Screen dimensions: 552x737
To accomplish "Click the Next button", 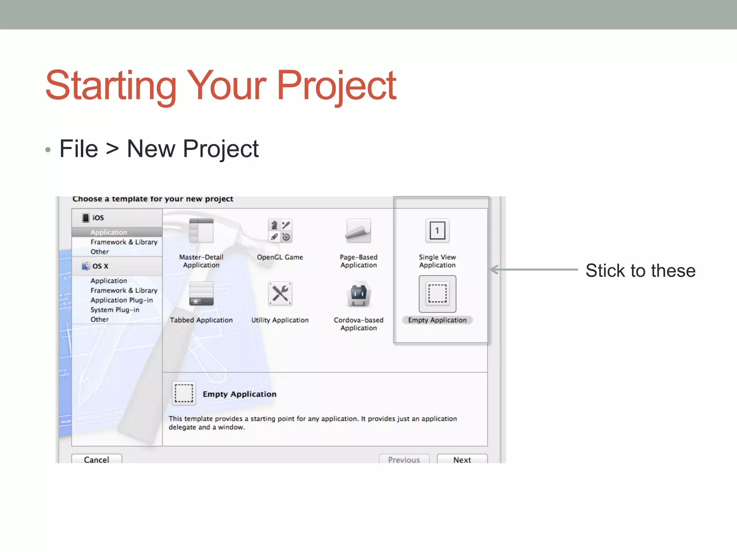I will pyautogui.click(x=462, y=459).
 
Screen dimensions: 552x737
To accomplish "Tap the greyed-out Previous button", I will pyautogui.click(x=404, y=459).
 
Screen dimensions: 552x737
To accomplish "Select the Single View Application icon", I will pyautogui.click(x=437, y=231).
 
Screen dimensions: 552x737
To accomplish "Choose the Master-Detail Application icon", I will pyautogui.click(x=201, y=231).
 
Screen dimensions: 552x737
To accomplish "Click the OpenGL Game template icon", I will pyautogui.click(x=280, y=231).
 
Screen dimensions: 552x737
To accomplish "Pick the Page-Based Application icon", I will pyautogui.click(x=358, y=231).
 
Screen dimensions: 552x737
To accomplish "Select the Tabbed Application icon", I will pyautogui.click(x=201, y=294).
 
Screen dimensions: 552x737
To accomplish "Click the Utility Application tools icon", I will pyautogui.click(x=280, y=294).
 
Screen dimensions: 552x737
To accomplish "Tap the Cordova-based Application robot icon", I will pyautogui.click(x=358, y=294).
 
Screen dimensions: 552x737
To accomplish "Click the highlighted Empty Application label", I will pyautogui.click(x=437, y=320).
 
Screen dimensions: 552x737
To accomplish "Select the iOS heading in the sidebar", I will pyautogui.click(x=98, y=218).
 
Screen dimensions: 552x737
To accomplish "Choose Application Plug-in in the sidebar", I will pyautogui.click(x=122, y=300).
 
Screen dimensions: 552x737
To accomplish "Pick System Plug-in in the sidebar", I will pyautogui.click(x=115, y=310).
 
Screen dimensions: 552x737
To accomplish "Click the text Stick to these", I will pyautogui.click(x=640, y=271).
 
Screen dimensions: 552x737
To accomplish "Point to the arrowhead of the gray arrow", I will pyautogui.click(x=493, y=270).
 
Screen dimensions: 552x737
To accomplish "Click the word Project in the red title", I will pyautogui.click(x=336, y=86).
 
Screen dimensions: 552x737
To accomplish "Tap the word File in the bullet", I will pyautogui.click(x=79, y=149).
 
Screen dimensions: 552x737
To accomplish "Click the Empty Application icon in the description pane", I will pyautogui.click(x=184, y=393).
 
